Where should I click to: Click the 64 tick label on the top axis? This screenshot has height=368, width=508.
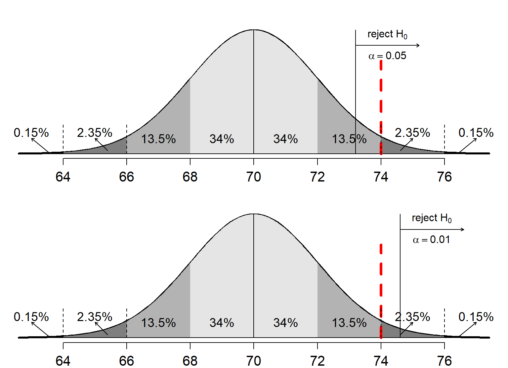[x=63, y=177]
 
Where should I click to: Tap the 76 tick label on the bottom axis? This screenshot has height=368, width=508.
[x=444, y=361]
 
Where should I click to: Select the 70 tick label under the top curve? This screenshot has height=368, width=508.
[x=254, y=177]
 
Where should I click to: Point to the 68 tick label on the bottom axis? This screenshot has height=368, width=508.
[x=190, y=361]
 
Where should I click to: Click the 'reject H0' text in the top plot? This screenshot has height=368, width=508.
[x=387, y=34]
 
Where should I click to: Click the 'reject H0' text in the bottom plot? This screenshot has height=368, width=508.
[x=432, y=218]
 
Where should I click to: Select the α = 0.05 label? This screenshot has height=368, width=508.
[x=387, y=56]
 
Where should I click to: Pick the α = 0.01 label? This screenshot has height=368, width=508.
[x=431, y=240]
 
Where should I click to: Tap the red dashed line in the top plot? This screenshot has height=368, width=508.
[x=381, y=99]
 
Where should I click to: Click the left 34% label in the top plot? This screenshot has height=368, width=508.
[x=222, y=139]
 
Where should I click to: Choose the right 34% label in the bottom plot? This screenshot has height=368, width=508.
[x=285, y=323]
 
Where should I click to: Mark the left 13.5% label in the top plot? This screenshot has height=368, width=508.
[x=158, y=139]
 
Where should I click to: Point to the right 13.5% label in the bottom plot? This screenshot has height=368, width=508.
[x=349, y=323]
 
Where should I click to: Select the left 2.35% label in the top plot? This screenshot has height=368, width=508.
[x=95, y=133]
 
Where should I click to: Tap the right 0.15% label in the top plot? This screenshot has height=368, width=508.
[x=476, y=133]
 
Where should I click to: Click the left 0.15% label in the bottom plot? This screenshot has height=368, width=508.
[x=31, y=317]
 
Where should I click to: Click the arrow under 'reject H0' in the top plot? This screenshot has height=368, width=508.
[x=387, y=45]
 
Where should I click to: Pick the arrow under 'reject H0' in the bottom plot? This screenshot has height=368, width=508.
[x=432, y=229]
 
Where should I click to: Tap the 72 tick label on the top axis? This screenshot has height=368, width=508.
[x=317, y=177]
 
